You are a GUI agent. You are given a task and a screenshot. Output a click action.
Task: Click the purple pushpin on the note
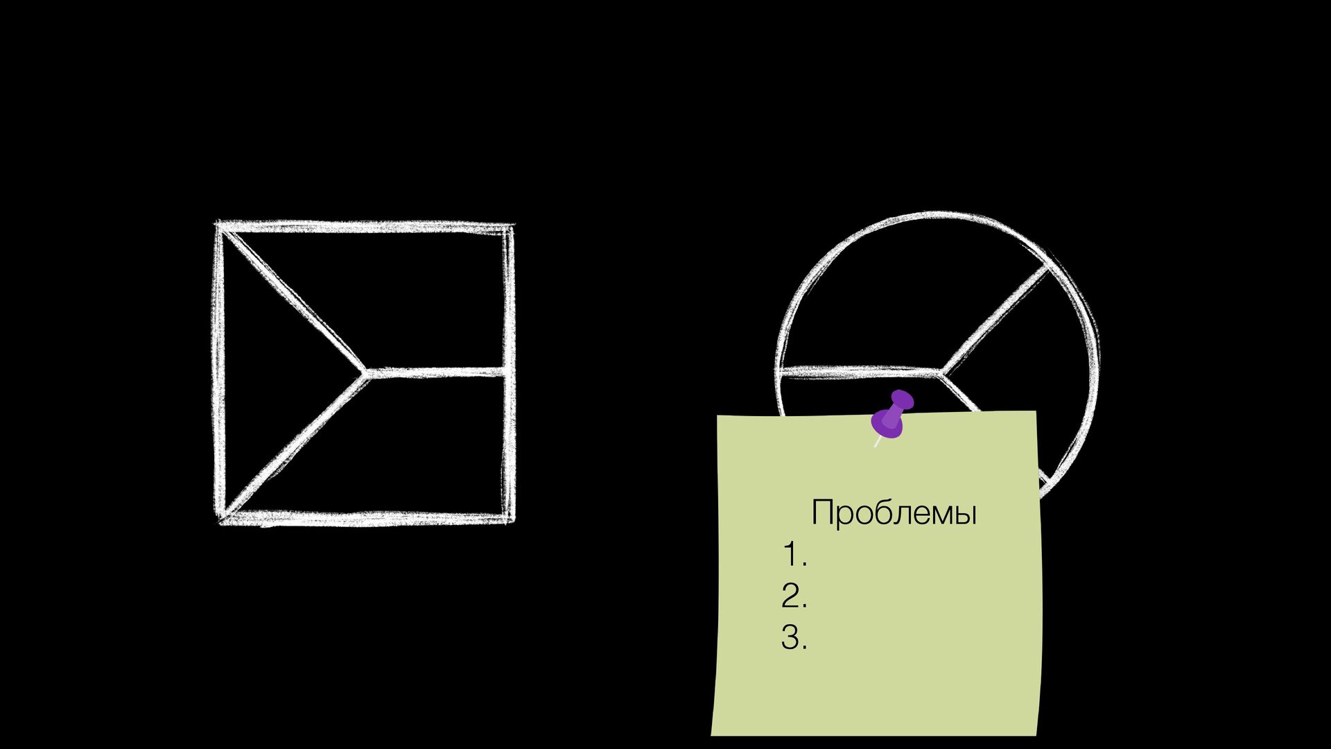(893, 415)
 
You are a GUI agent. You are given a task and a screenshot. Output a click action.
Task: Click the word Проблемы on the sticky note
(894, 513)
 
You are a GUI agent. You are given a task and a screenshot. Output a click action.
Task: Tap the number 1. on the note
(794, 556)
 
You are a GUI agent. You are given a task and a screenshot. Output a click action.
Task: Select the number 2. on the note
(794, 596)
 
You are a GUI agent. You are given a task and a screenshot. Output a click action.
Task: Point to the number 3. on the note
(794, 637)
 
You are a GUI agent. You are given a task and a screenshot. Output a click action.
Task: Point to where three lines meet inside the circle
(941, 372)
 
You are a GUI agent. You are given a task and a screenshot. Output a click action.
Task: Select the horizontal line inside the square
(437, 373)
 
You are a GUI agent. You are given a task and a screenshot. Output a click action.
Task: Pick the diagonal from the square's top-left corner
(291, 299)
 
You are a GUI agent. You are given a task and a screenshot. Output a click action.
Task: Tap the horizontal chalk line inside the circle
(860, 372)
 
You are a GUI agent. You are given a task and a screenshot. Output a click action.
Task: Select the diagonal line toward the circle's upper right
(995, 320)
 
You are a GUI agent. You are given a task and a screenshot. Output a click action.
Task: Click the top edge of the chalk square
(365, 227)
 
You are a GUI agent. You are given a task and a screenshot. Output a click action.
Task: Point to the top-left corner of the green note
(717, 417)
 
